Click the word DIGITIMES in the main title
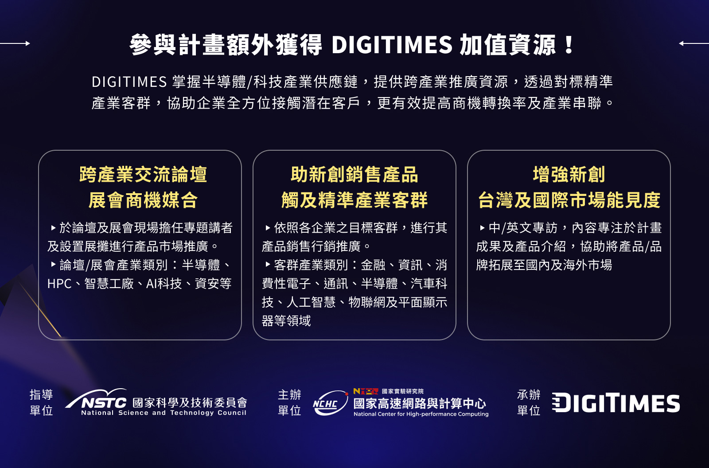[x=392, y=44]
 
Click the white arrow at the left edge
[x=15, y=43]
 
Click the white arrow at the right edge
[x=694, y=43]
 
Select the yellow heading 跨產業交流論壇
[x=143, y=175]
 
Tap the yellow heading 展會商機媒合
[x=143, y=200]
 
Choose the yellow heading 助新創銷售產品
[x=354, y=175]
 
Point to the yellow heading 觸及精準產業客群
[x=354, y=200]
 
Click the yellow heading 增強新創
[x=569, y=175]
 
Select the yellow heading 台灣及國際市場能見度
[x=569, y=200]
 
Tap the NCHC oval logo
[x=330, y=403]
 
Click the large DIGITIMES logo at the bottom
[x=616, y=403]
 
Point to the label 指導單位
[x=41, y=402]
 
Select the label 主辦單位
[x=289, y=402]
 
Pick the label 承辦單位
[x=529, y=402]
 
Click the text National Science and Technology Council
[x=164, y=413]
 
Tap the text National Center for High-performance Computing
[x=421, y=414]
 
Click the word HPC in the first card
[x=59, y=284]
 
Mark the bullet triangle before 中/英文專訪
[x=482, y=228]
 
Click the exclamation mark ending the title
[x=569, y=45]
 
